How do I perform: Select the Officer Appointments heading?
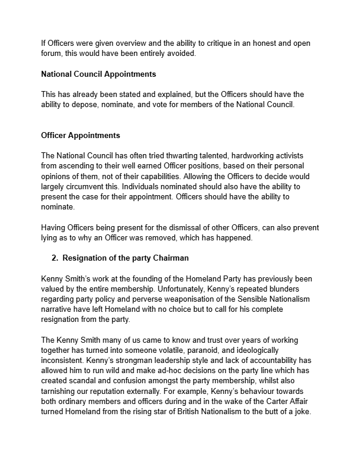[80, 136]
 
